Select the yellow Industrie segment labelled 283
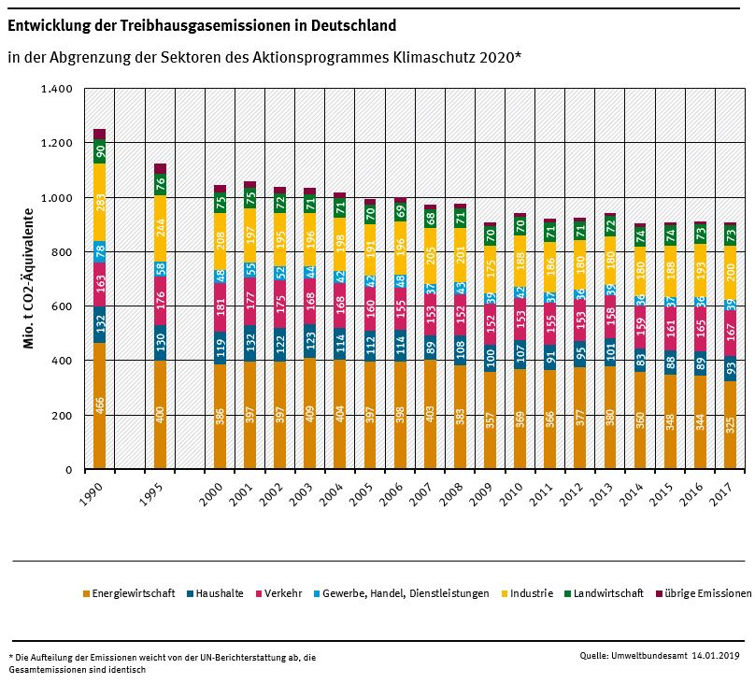point(99,203)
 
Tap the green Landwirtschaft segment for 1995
point(160,184)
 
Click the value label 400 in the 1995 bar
point(160,414)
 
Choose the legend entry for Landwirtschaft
point(608,593)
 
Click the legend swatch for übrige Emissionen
point(659,593)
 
